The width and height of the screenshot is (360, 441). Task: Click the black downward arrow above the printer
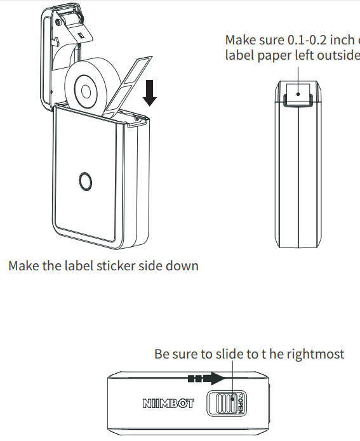click(150, 92)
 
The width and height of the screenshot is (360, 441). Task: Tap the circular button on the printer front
click(84, 181)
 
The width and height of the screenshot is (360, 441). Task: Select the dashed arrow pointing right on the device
click(206, 379)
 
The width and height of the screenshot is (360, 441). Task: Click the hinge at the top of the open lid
click(69, 19)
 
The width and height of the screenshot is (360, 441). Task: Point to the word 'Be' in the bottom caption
click(162, 354)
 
